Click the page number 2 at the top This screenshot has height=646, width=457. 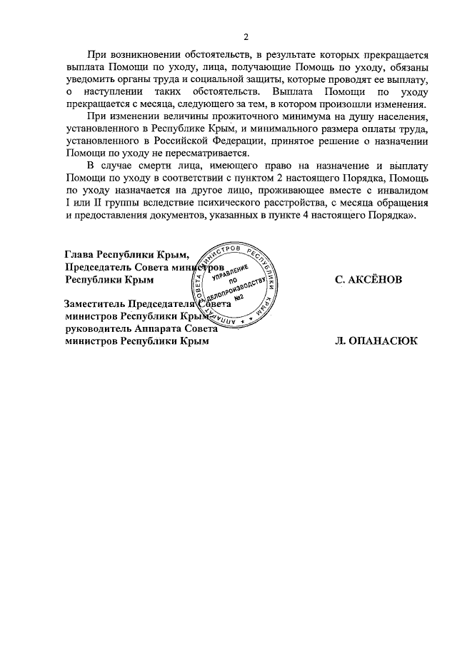click(x=246, y=37)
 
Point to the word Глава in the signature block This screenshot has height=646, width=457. click(x=79, y=255)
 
